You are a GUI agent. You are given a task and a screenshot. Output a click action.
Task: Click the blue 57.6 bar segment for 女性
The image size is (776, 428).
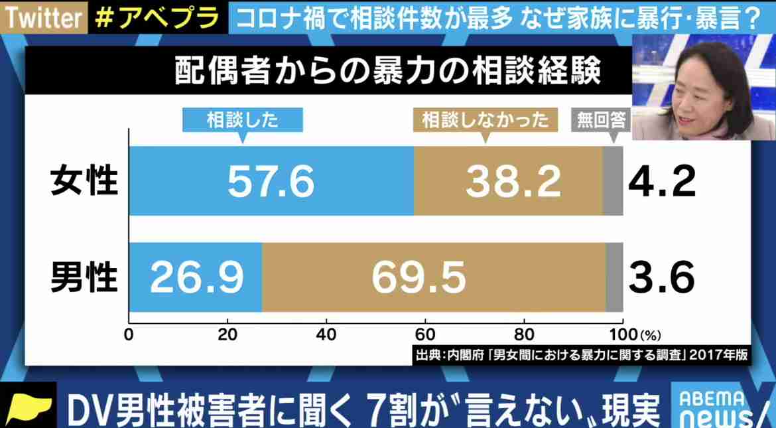[x=271, y=181]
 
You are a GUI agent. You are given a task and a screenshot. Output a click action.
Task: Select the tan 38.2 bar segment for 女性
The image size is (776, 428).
[x=508, y=181]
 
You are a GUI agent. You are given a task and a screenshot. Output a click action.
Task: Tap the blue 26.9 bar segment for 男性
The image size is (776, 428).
[x=196, y=277]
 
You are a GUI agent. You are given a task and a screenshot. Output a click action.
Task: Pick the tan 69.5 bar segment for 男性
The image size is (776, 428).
[x=434, y=277]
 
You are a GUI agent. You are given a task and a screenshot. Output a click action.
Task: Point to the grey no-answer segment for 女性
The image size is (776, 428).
[x=613, y=181]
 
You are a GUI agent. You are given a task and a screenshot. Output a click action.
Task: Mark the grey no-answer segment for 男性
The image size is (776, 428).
[x=615, y=277]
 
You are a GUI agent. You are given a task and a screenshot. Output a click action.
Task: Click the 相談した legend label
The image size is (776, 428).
[x=242, y=120]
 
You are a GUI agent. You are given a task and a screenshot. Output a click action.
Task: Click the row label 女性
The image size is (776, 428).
[x=84, y=181]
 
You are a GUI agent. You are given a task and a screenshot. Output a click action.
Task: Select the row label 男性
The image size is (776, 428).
[x=84, y=277]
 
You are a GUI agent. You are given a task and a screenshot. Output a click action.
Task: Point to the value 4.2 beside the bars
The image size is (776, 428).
[x=662, y=181]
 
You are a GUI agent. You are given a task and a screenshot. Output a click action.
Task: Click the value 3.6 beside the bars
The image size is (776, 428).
[x=662, y=277]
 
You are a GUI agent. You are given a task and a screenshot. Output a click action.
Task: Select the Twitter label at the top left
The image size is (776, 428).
[x=42, y=17]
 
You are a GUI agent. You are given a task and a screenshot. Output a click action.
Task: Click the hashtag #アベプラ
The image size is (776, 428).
[x=157, y=17]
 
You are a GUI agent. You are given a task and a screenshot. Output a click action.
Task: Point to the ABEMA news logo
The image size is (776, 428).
[x=723, y=406]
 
